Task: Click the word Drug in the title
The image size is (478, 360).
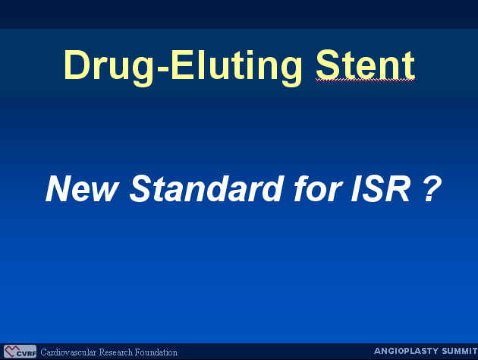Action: (108, 68)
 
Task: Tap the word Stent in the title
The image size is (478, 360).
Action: (365, 65)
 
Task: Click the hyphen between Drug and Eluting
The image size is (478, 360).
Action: (162, 70)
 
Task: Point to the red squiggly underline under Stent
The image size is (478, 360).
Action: (365, 81)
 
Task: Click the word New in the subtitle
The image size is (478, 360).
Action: (81, 188)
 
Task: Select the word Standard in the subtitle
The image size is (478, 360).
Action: (206, 188)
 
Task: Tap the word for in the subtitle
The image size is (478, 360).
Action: (317, 188)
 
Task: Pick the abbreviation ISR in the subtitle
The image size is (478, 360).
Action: (381, 188)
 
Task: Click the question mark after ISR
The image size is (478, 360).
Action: (432, 189)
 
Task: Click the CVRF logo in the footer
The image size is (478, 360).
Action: (20, 352)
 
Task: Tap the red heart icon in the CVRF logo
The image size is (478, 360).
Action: (11, 351)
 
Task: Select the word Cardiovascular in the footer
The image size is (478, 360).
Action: (68, 352)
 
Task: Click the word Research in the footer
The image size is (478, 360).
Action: (116, 352)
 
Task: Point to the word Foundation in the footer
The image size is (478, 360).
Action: (156, 352)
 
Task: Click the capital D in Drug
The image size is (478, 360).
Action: (75, 65)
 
